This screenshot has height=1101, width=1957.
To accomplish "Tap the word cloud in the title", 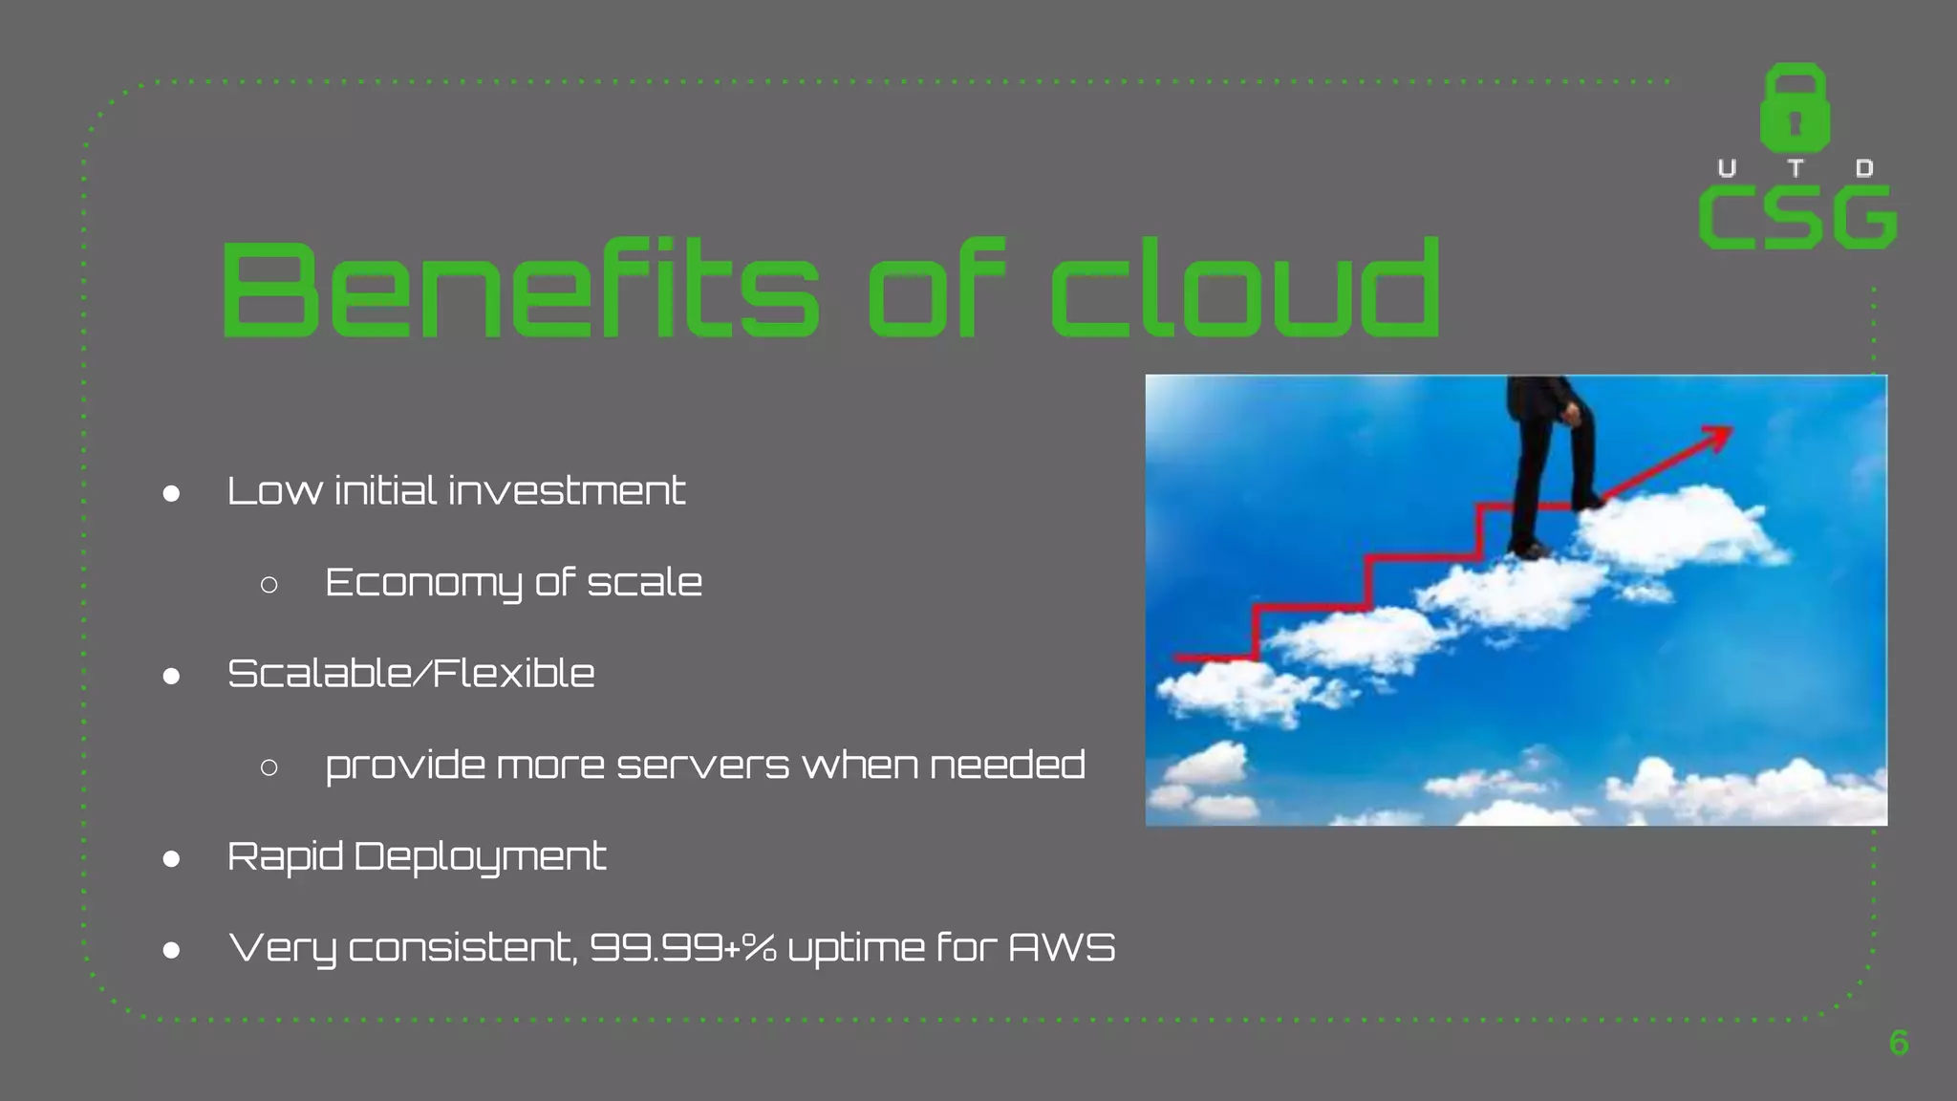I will pos(1245,289).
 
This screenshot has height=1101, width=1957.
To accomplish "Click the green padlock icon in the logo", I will pos(1795,108).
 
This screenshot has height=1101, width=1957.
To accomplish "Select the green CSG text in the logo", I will pos(1797,218).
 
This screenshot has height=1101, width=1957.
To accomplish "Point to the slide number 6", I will pos(1898,1043).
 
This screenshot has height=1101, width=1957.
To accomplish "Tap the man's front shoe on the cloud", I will pos(1586,501).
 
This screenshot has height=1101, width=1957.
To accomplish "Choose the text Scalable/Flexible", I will pos(411,674).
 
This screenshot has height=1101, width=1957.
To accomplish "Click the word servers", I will pos(703,766).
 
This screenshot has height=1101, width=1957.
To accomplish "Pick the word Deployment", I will pos(480,857).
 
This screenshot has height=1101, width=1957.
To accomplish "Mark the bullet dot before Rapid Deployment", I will pos(172,858).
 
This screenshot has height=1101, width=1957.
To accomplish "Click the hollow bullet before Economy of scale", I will pos(269,584).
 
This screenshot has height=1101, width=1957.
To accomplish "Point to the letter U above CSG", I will pos(1727,169).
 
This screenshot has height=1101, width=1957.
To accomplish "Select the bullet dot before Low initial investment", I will pos(172,493).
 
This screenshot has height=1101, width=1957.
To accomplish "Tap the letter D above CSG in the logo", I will pos(1863,169).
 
